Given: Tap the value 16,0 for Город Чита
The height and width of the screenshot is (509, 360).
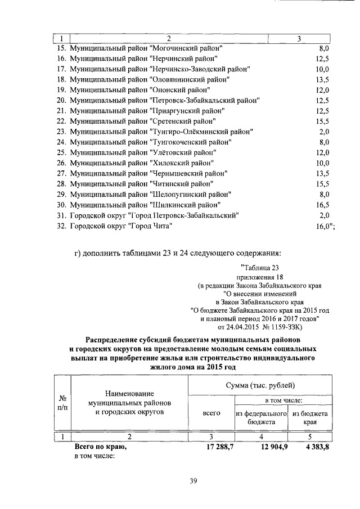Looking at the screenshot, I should point(322,226).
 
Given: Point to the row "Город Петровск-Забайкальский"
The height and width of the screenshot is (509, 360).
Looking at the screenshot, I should point(154,215).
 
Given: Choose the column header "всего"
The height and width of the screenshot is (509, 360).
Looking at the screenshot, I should point(211,412).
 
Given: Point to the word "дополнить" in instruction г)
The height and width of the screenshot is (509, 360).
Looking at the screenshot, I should point(101,251).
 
